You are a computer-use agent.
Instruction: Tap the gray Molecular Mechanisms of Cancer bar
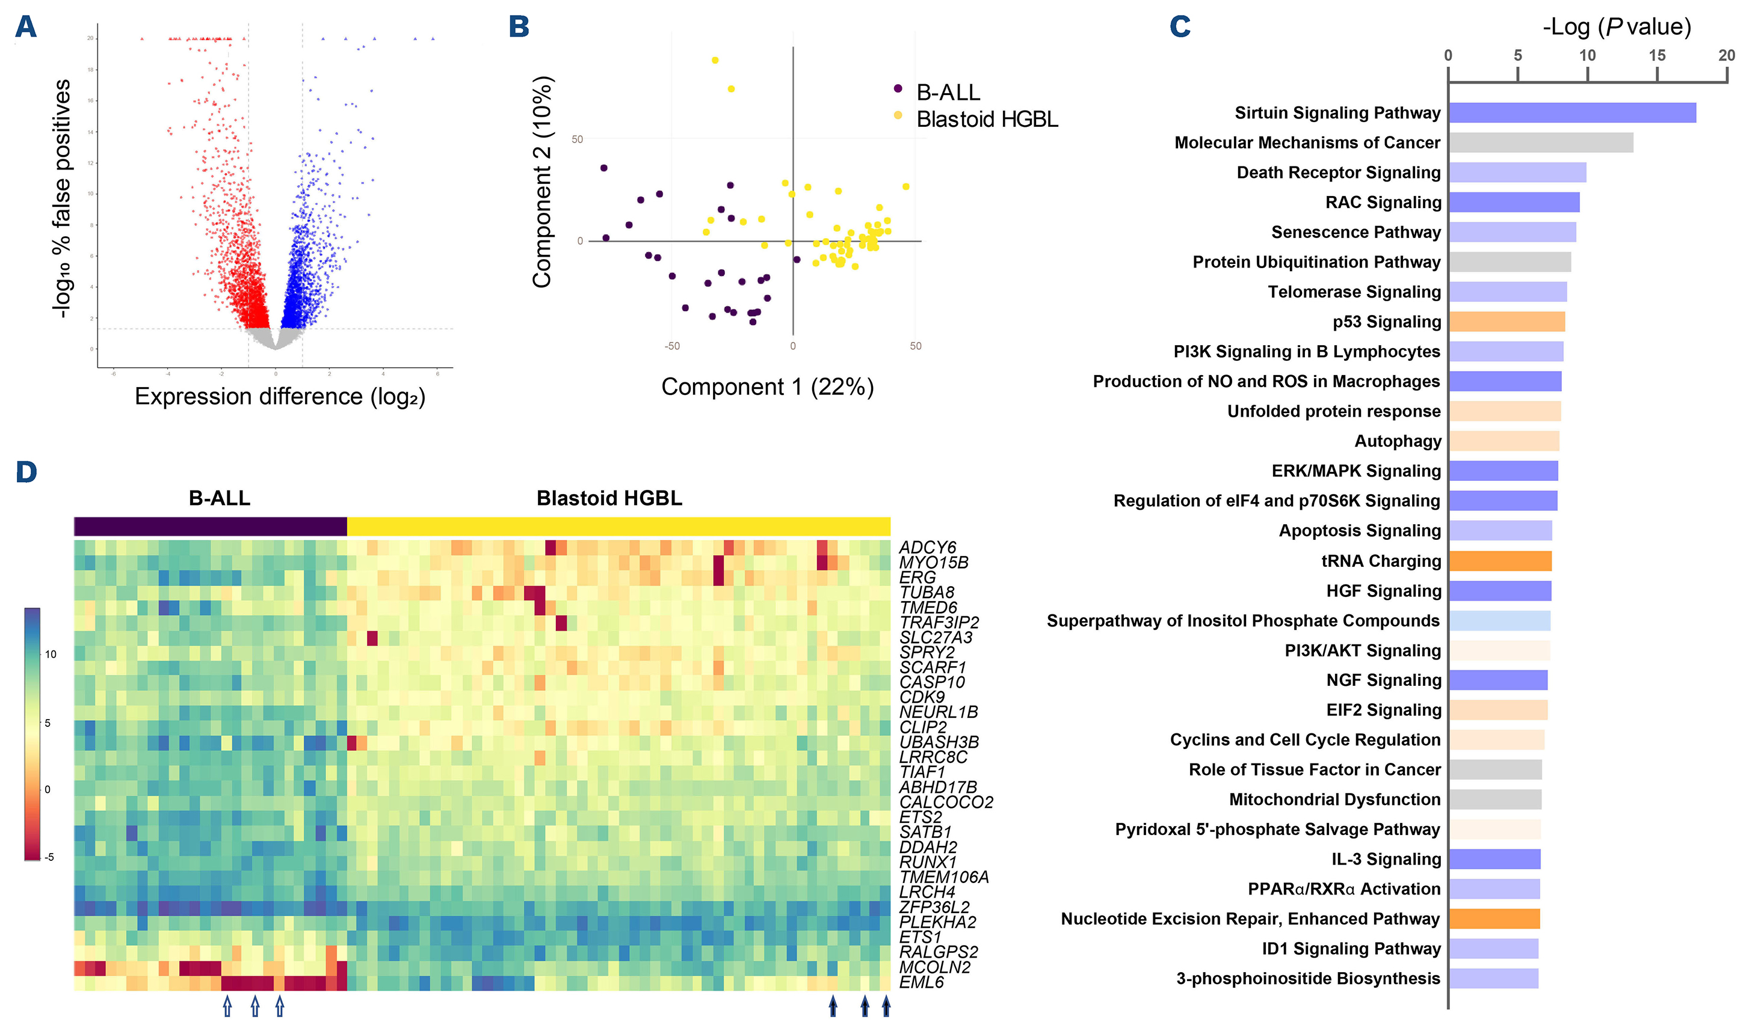1540,143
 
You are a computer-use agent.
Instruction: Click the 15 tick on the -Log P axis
1656,56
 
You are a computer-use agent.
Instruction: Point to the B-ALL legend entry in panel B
948,92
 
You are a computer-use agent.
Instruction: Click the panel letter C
1180,26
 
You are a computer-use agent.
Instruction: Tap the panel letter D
26,472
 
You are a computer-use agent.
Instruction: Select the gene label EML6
921,982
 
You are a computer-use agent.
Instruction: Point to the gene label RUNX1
928,863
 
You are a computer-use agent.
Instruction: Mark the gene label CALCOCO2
945,803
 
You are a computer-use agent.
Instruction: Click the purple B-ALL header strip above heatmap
210,527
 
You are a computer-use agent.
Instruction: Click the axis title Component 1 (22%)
767,387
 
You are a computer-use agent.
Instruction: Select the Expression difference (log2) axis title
280,397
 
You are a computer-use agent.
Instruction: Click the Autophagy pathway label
1398,441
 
